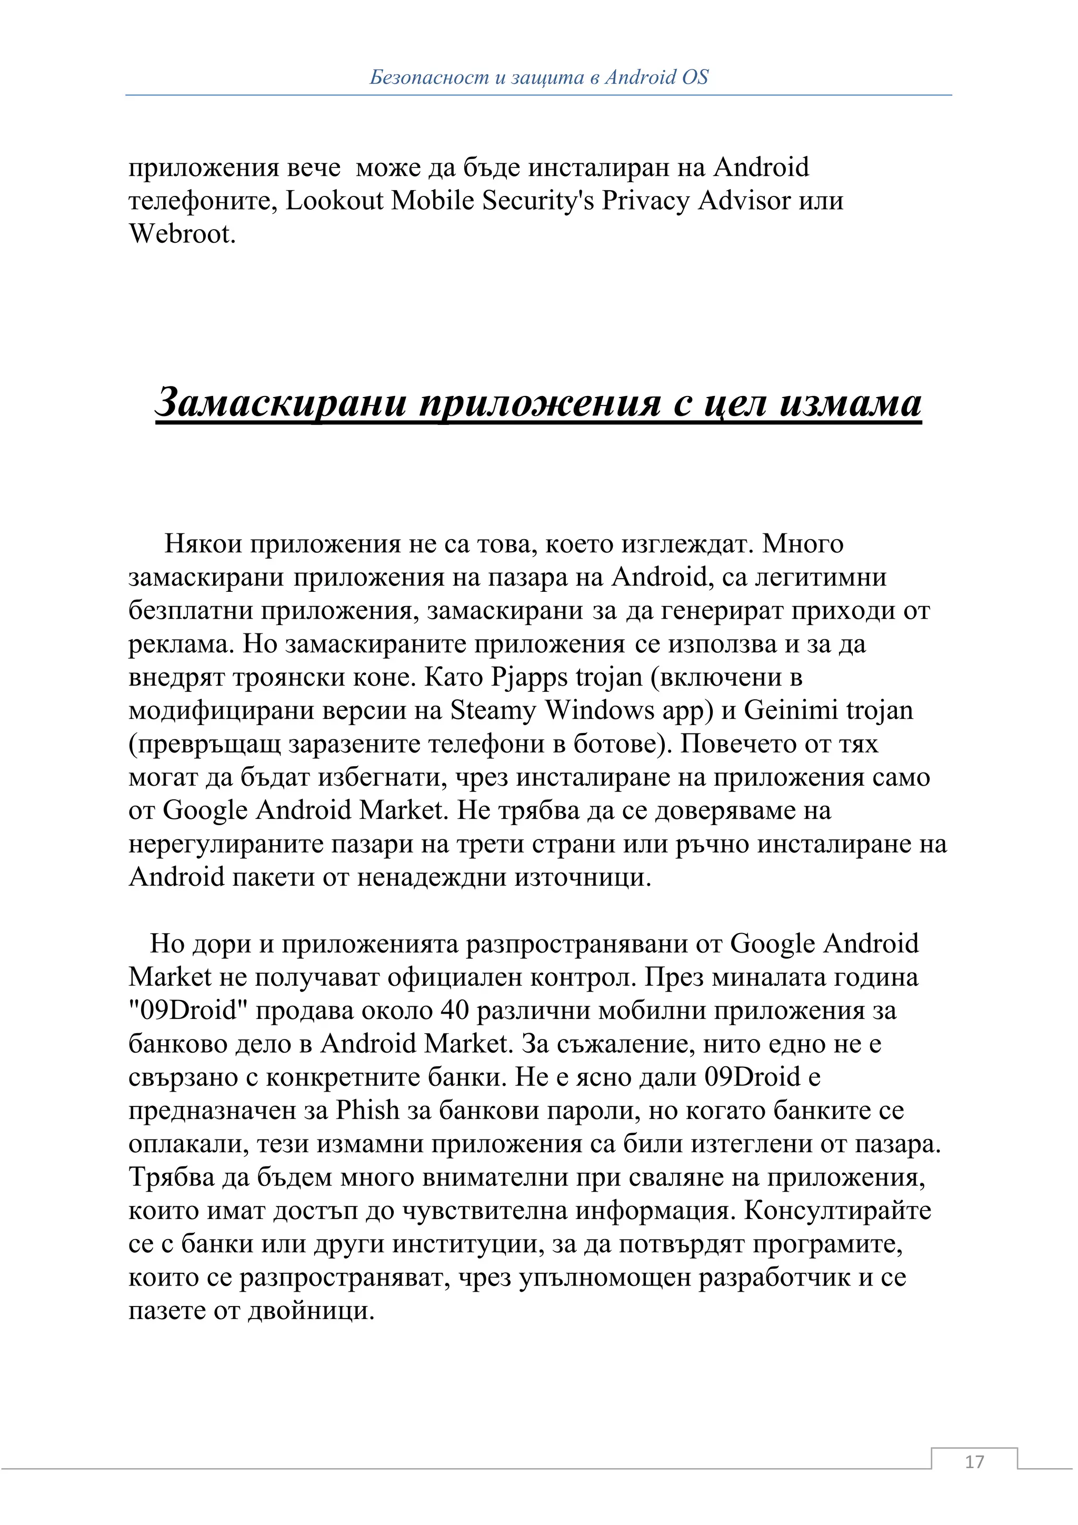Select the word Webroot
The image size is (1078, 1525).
click(183, 234)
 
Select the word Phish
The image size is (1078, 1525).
click(368, 1111)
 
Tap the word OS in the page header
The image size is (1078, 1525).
click(695, 78)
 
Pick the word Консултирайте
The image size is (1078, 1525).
click(837, 1210)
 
